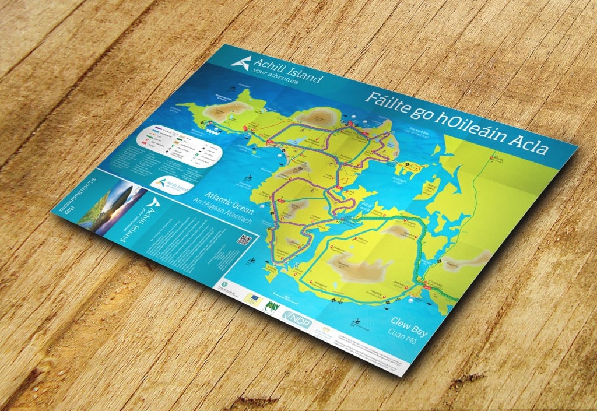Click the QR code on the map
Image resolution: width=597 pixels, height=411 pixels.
(245, 241)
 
